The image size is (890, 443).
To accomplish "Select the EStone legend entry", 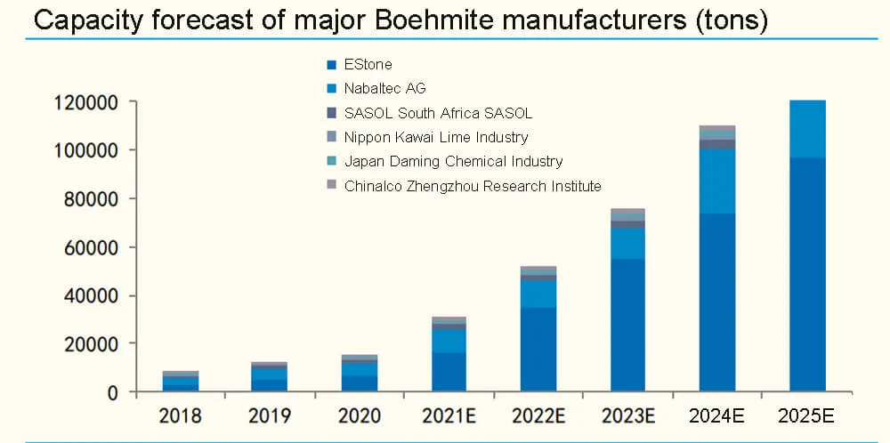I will point(368,64).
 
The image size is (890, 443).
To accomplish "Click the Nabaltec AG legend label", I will point(384,88).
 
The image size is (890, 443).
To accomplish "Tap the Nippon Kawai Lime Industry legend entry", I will point(435,137).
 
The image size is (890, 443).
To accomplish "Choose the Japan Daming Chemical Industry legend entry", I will point(453,161).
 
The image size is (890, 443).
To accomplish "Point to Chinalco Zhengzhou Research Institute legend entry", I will point(472,186).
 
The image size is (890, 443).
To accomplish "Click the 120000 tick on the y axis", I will point(86,102).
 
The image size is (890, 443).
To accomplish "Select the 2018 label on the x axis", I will point(180,416).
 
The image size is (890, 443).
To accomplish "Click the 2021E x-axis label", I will point(449,416).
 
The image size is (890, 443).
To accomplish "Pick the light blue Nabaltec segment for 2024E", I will point(717,181).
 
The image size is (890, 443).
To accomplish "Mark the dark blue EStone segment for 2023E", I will point(627,325).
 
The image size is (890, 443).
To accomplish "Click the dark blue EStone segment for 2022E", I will point(538,350).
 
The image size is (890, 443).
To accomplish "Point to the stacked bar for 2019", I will point(270,378).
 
